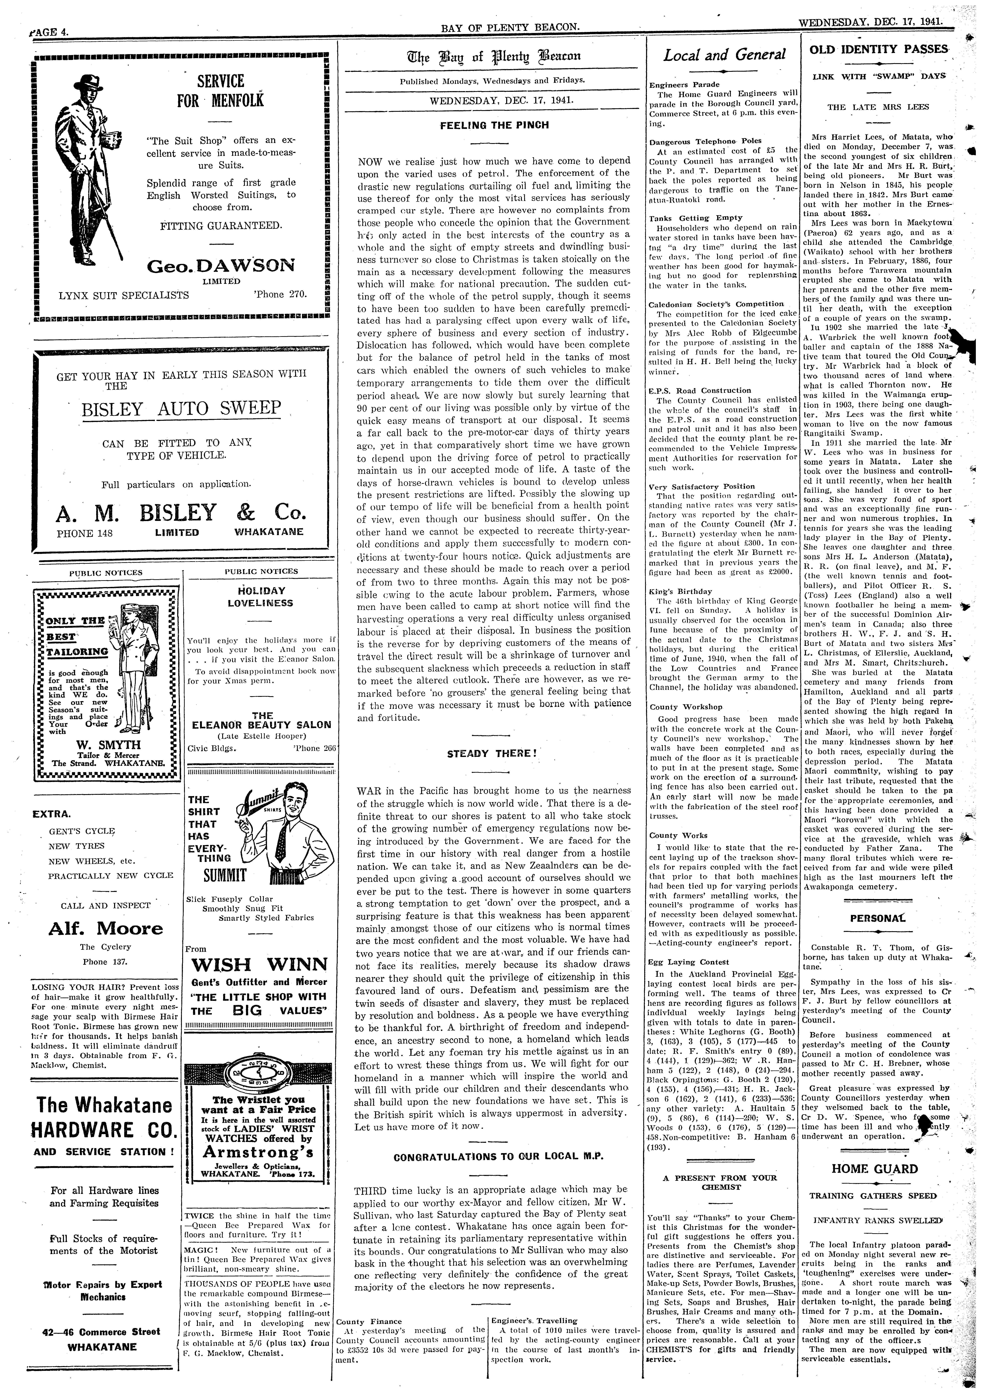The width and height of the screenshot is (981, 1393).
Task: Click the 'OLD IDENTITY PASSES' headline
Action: [878, 49]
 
